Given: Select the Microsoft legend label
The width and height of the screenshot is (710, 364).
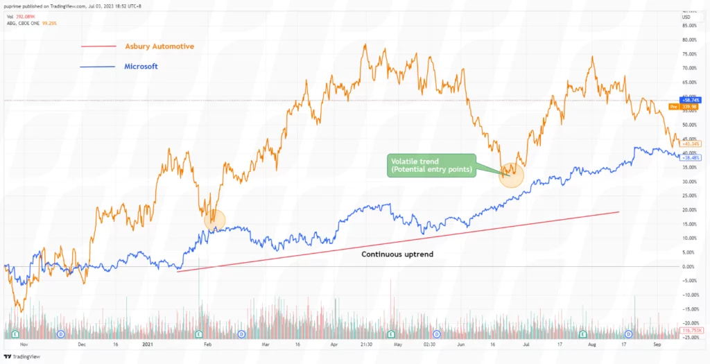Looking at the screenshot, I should [141, 67].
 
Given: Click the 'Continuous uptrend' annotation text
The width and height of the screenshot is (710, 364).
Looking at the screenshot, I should [397, 254].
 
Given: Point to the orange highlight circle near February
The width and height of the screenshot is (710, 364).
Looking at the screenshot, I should [216, 219].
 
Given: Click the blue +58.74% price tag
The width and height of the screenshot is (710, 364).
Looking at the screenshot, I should [691, 100].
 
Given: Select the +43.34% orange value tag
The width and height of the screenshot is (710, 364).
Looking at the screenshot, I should [691, 144].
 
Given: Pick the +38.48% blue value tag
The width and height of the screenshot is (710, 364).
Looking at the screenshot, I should [691, 157].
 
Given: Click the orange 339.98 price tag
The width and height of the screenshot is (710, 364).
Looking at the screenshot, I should [691, 107].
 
